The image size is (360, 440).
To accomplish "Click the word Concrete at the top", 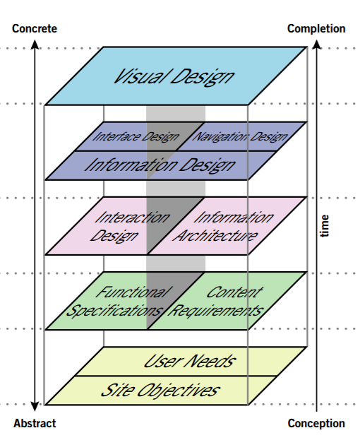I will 35,29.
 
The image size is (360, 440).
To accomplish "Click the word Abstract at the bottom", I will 35,424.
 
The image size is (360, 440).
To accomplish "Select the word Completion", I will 316,29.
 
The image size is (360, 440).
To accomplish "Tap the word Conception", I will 316,424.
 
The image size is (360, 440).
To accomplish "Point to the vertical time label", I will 325,226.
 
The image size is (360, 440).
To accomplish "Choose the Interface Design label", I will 136,136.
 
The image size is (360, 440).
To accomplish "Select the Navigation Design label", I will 240,136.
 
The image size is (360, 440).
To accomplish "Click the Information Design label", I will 160,165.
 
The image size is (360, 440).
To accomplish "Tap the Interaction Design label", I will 125,226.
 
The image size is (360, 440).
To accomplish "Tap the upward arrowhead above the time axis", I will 318,46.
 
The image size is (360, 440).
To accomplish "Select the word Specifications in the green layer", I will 117,310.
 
